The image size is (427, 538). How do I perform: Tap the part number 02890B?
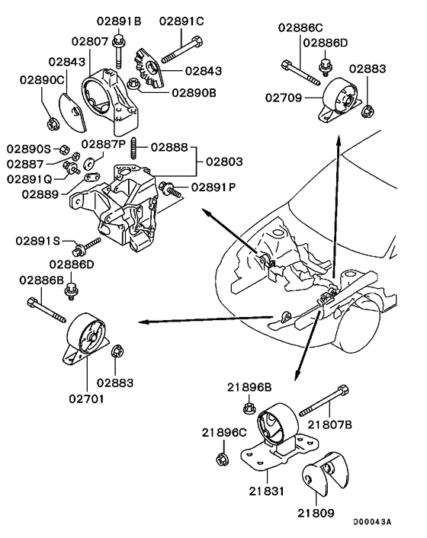(x=194, y=93)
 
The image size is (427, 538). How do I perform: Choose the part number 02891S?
(x=38, y=241)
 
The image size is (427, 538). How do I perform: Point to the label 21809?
(x=315, y=514)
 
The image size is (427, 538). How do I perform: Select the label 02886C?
(x=299, y=28)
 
